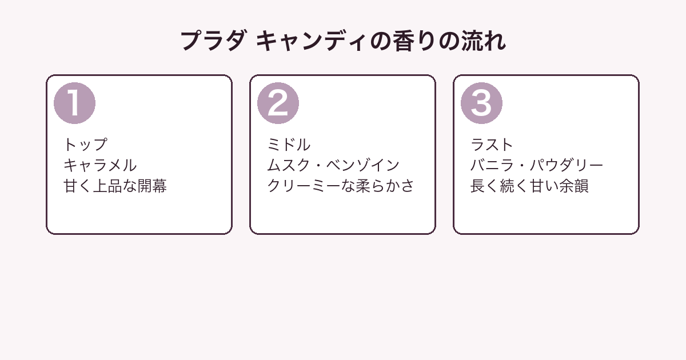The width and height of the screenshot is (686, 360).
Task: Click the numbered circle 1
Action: [x=74, y=103]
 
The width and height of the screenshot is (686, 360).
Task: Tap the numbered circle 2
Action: [x=278, y=103]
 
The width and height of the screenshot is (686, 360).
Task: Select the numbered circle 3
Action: [x=481, y=103]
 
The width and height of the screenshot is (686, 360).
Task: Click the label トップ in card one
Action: [x=85, y=145]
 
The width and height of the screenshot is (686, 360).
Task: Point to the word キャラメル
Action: [x=100, y=165]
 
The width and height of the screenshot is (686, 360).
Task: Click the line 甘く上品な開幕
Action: [x=115, y=186]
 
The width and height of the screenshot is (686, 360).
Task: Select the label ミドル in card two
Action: [x=289, y=145]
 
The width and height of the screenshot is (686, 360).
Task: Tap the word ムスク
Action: [x=289, y=165]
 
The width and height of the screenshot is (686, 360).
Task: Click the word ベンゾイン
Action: [x=362, y=165]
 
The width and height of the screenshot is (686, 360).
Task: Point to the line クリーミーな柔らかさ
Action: [x=341, y=186]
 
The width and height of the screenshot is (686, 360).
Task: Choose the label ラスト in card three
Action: [x=492, y=145]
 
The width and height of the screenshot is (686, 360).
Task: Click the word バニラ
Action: [x=492, y=165]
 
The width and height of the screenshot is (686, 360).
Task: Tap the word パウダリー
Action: [x=567, y=165]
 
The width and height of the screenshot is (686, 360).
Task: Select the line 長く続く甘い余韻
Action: [x=529, y=186]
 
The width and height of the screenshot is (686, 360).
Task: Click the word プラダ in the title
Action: [x=213, y=41]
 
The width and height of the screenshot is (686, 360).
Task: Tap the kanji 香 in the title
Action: [x=404, y=41]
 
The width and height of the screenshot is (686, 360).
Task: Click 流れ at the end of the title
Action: [x=483, y=41]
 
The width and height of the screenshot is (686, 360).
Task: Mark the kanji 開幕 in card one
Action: [x=152, y=186]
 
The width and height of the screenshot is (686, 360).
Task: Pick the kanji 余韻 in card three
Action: [x=574, y=186]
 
